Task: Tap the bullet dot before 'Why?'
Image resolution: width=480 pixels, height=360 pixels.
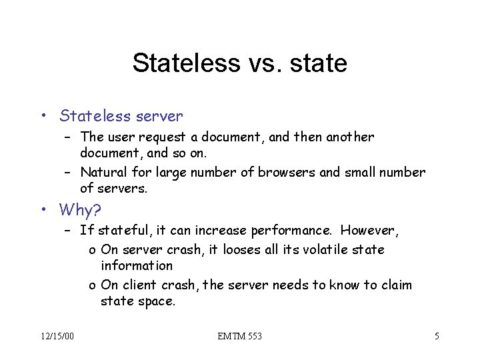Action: pos(43,210)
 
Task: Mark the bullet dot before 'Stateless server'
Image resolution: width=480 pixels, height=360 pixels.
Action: pos(43,117)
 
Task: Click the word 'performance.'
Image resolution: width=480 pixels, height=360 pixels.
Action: pos(291,231)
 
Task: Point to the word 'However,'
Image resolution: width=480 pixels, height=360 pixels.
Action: pos(369,231)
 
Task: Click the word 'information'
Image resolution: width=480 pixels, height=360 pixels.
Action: pos(137,265)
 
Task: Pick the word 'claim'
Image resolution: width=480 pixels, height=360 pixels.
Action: pos(397,285)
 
